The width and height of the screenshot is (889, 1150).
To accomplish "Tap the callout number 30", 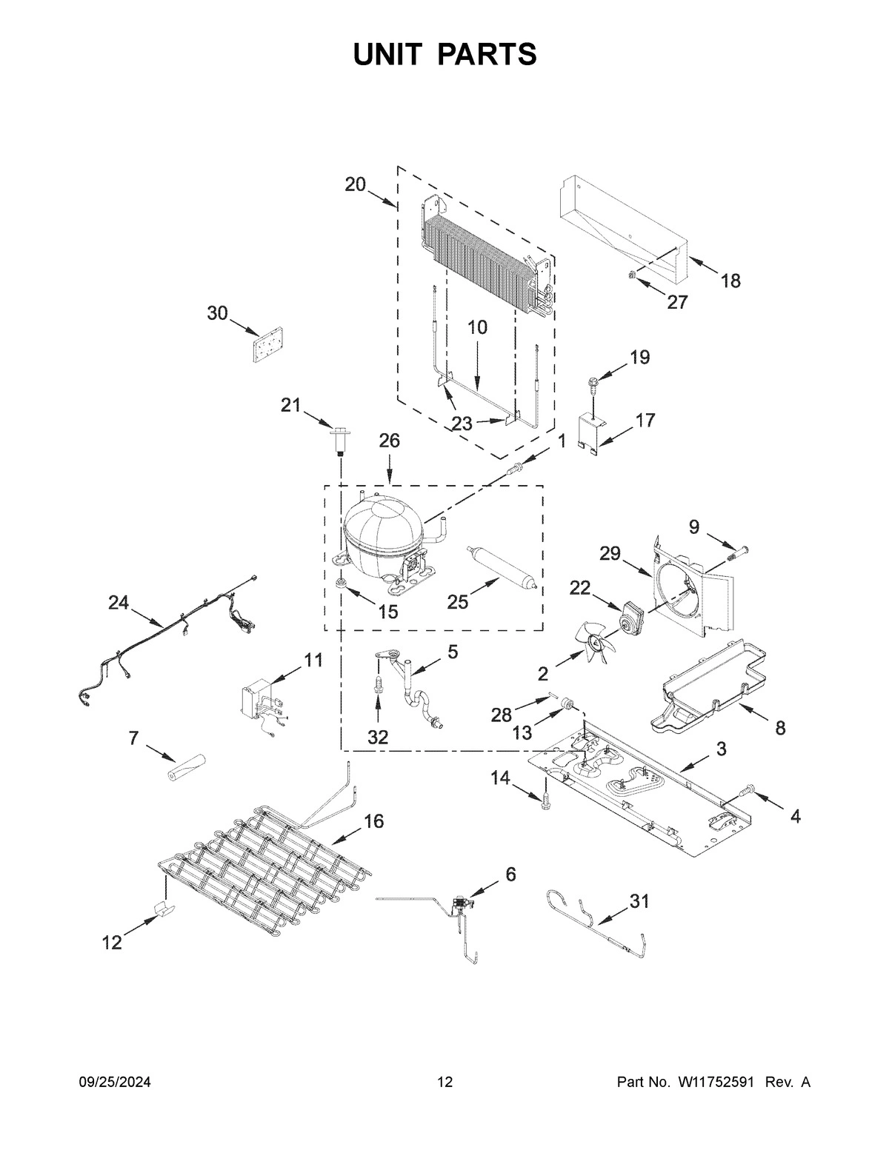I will pyautogui.click(x=217, y=313).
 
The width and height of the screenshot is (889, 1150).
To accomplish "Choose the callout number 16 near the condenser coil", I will pyautogui.click(x=374, y=820).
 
